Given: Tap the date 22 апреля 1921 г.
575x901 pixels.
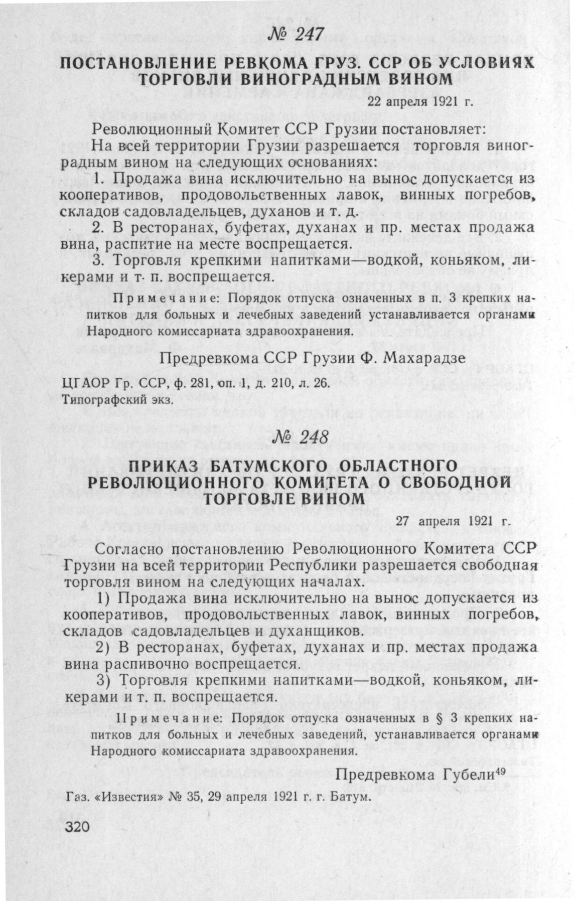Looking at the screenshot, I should tap(421, 102).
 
